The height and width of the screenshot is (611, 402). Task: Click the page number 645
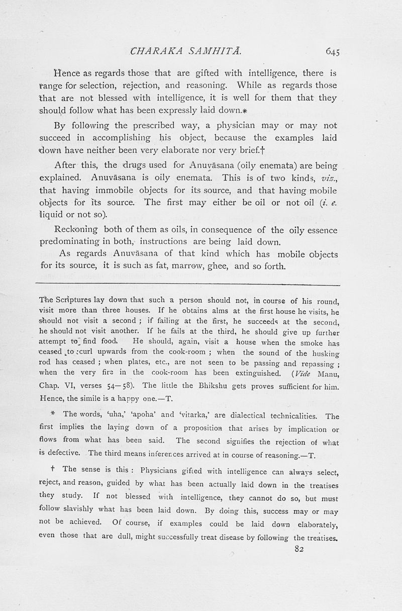[333, 51]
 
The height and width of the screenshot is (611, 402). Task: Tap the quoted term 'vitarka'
[193, 416]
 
